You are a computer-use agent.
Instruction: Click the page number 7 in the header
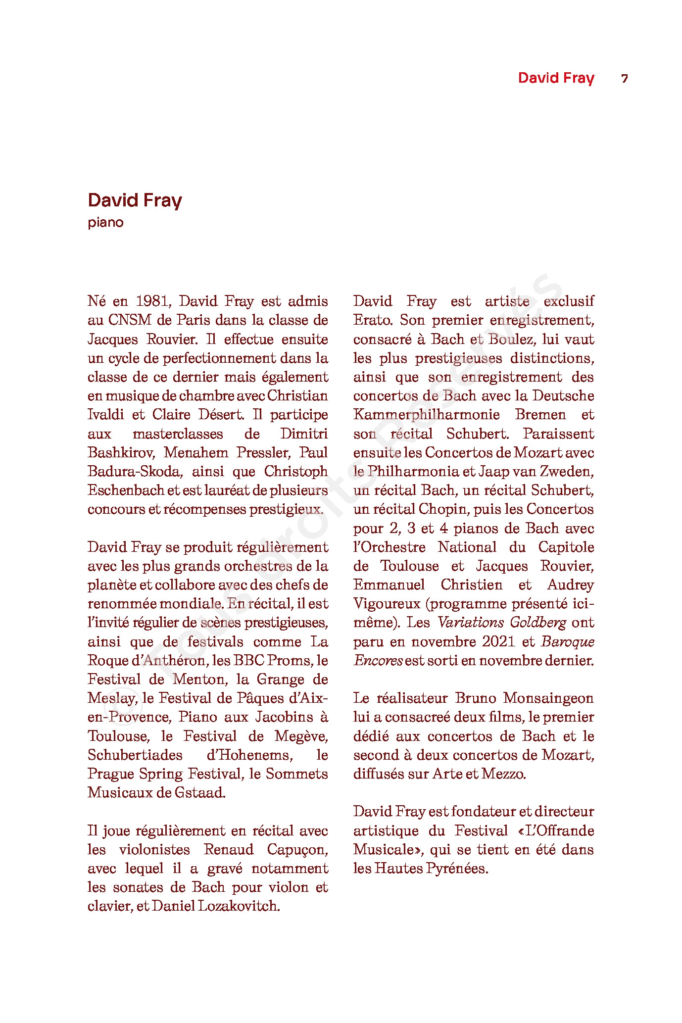pyautogui.click(x=625, y=79)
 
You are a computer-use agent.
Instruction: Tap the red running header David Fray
pyautogui.click(x=556, y=78)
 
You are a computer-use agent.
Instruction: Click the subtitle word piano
pyautogui.click(x=105, y=223)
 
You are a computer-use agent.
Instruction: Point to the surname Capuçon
pyautogui.click(x=297, y=850)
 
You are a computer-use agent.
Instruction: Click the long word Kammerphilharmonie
pyautogui.click(x=427, y=415)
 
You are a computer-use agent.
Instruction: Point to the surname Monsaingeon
pyautogui.click(x=548, y=698)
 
